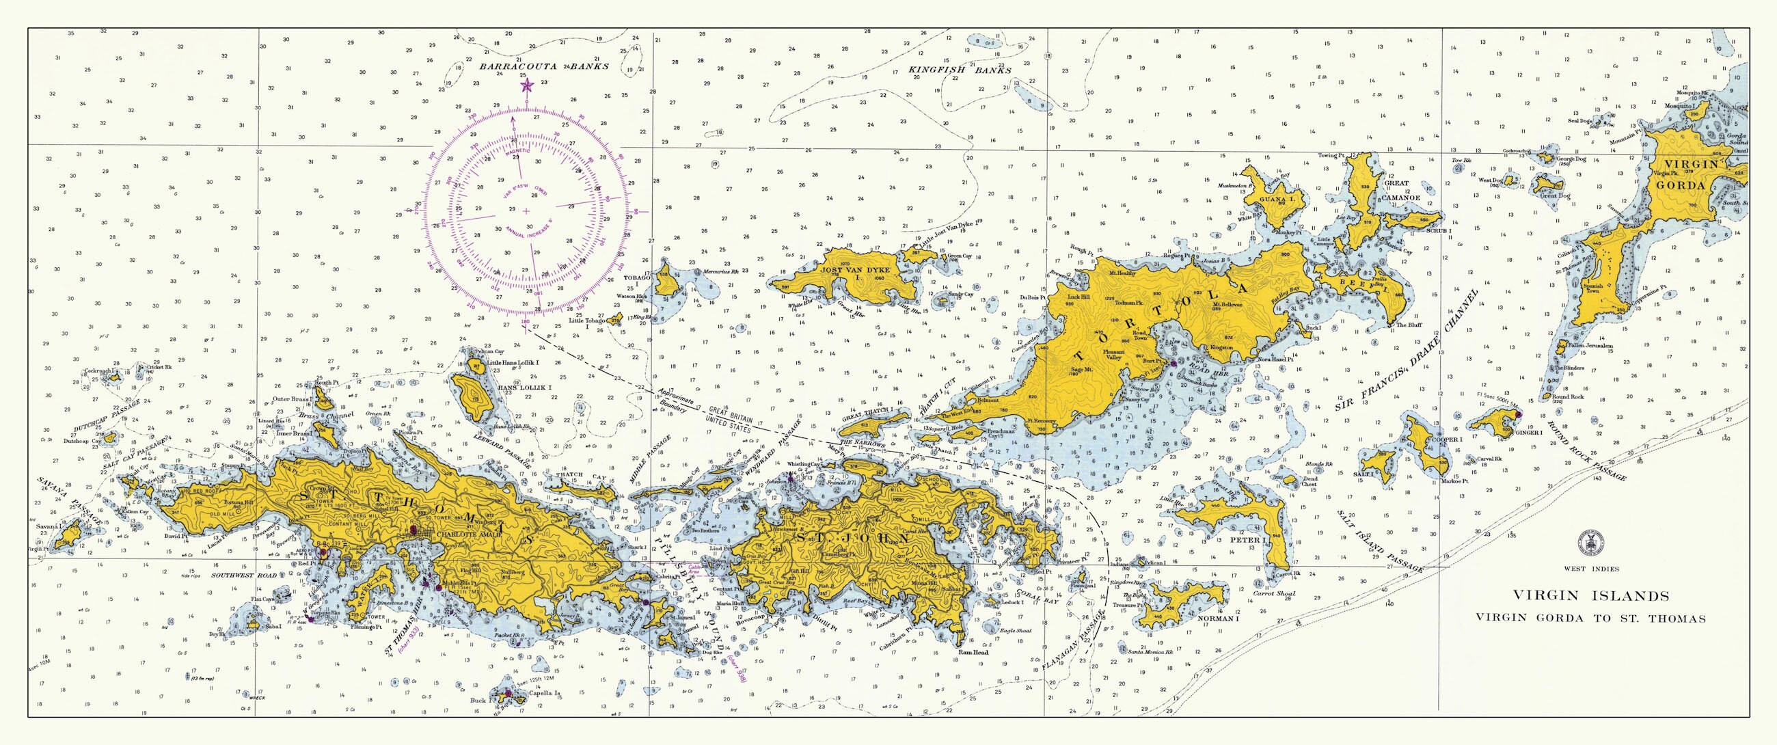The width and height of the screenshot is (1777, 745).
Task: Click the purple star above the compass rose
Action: pyautogui.click(x=526, y=85)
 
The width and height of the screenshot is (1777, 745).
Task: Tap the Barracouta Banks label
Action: pyautogui.click(x=544, y=67)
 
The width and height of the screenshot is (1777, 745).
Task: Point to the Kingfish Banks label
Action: pyautogui.click(x=960, y=70)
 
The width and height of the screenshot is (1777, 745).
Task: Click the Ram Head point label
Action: pyautogui.click(x=973, y=653)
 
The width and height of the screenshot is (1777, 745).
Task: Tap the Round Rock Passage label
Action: pyautogui.click(x=1586, y=452)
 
